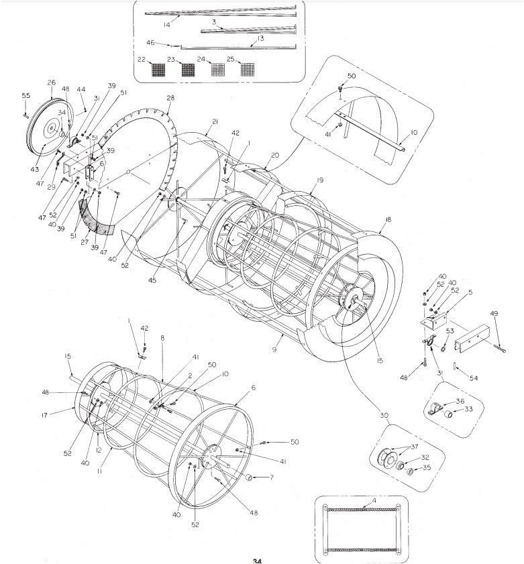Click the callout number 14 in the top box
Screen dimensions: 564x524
point(166,24)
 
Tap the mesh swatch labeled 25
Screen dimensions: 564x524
point(249,68)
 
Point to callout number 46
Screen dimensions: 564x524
point(151,43)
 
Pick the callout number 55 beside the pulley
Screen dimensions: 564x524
point(25,96)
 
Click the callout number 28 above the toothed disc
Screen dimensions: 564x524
point(170,99)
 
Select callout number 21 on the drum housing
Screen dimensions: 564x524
point(215,121)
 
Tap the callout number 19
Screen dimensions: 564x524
point(320,180)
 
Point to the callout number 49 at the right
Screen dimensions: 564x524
point(494,314)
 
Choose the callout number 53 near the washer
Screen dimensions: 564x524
point(450,331)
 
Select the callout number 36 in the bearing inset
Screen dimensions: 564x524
point(460,401)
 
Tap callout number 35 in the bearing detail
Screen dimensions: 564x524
point(427,468)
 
